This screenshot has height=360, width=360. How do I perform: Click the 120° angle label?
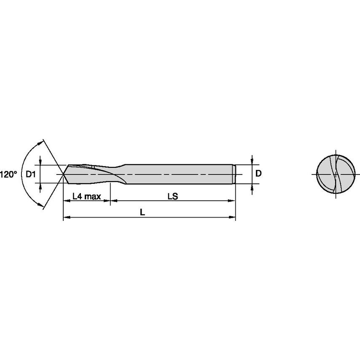8,174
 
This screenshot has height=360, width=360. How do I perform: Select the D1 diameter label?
31,174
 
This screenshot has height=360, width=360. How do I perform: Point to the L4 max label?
86,196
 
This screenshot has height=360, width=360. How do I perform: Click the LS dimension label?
172,196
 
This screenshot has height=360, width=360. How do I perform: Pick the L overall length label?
143,213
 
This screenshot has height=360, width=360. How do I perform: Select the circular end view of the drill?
336,174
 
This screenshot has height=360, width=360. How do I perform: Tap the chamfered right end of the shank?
234,174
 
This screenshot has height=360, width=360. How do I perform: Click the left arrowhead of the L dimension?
66,218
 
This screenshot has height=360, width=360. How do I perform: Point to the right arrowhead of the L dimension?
233,218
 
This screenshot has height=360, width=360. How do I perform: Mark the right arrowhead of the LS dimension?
233,201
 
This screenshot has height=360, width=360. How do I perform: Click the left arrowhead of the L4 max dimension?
66,201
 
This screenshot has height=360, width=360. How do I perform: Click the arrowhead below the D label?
252,186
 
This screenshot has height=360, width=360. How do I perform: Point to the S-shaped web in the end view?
336,174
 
